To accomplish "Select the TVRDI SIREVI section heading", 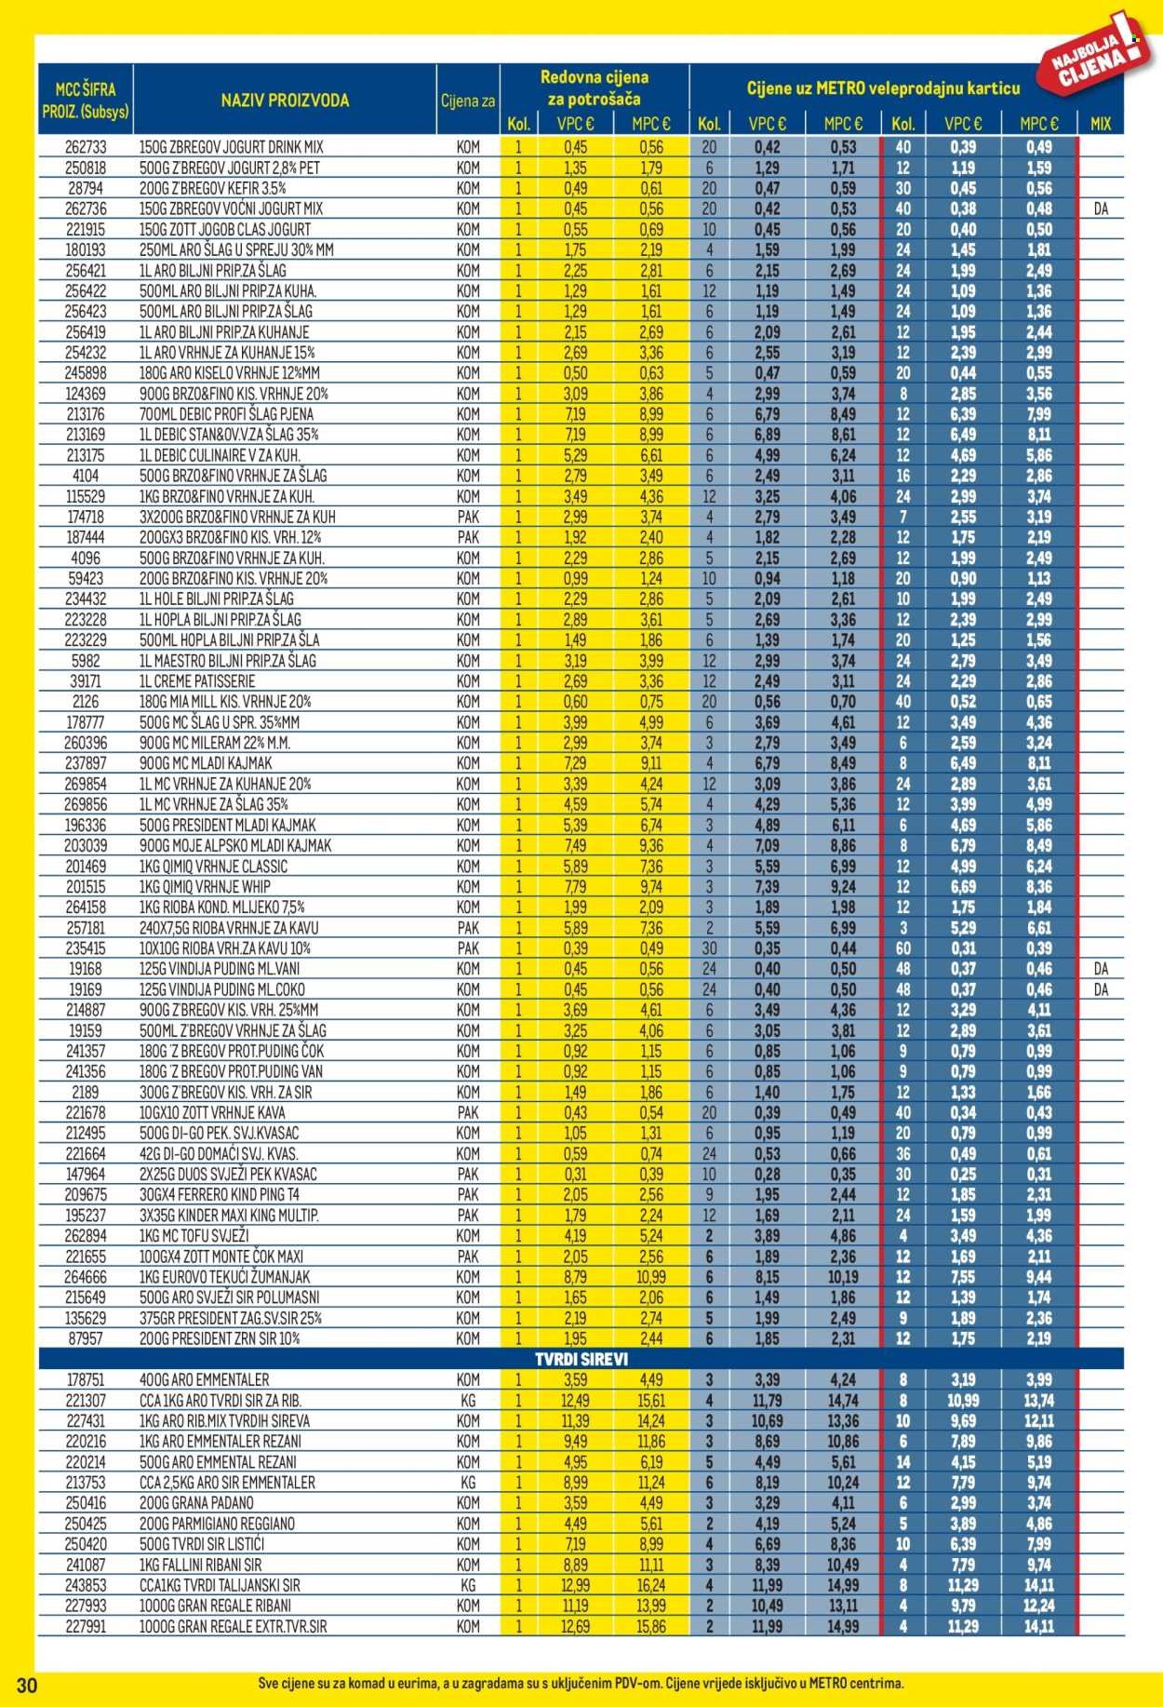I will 581,1359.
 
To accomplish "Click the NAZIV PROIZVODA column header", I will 285,101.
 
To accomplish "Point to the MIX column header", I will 1101,124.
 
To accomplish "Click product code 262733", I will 86,147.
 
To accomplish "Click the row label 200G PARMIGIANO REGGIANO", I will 217,1524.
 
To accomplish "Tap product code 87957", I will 86,1338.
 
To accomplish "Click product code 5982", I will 86,661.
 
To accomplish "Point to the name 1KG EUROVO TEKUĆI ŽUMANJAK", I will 237,1277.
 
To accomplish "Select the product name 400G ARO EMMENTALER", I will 204,1379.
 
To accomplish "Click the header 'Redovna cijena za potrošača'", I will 595,88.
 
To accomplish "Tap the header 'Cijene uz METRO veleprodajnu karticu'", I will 883,88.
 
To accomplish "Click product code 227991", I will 86,1626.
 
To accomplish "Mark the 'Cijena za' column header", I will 468,101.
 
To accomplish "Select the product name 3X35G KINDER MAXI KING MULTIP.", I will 229,1215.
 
